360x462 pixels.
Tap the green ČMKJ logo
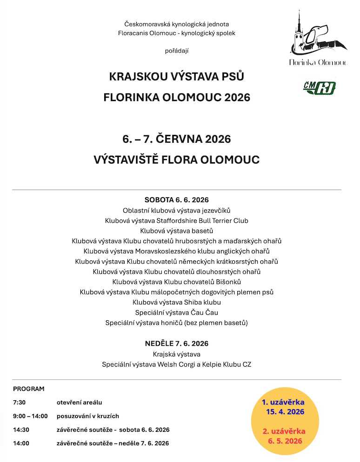(x=320, y=87)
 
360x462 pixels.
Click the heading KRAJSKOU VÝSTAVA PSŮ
(x=177, y=76)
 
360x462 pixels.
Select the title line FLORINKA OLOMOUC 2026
(x=177, y=98)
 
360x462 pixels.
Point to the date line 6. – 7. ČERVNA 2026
(x=177, y=139)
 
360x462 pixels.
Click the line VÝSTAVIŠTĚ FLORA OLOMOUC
(x=177, y=160)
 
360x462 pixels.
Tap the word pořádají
(x=177, y=50)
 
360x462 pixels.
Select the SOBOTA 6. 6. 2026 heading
(x=177, y=200)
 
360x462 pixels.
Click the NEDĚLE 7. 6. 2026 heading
(x=177, y=343)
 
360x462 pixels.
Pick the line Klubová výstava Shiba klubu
(x=177, y=302)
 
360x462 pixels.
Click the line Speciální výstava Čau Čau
(x=177, y=312)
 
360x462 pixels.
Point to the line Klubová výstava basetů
(x=177, y=231)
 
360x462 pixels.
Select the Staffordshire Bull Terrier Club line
(x=177, y=220)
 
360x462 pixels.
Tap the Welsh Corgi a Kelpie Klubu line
(x=177, y=364)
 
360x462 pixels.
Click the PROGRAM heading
(x=29, y=389)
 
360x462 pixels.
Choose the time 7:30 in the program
(x=20, y=402)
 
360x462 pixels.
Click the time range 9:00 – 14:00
(x=30, y=416)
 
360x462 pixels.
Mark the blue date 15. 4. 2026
(x=285, y=412)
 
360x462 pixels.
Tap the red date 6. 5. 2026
(x=285, y=441)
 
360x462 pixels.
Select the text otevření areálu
(x=79, y=402)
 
